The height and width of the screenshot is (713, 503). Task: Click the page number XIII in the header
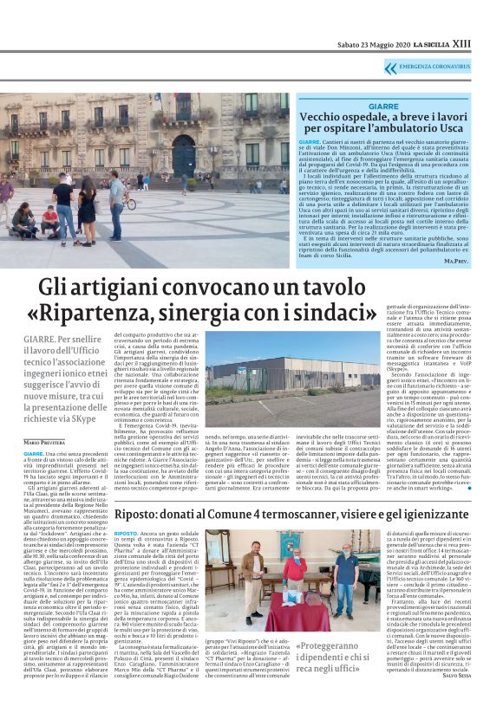coord(487,42)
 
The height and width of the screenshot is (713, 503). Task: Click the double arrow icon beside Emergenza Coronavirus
coord(390,68)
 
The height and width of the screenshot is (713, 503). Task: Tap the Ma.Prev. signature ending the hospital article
coord(477,260)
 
